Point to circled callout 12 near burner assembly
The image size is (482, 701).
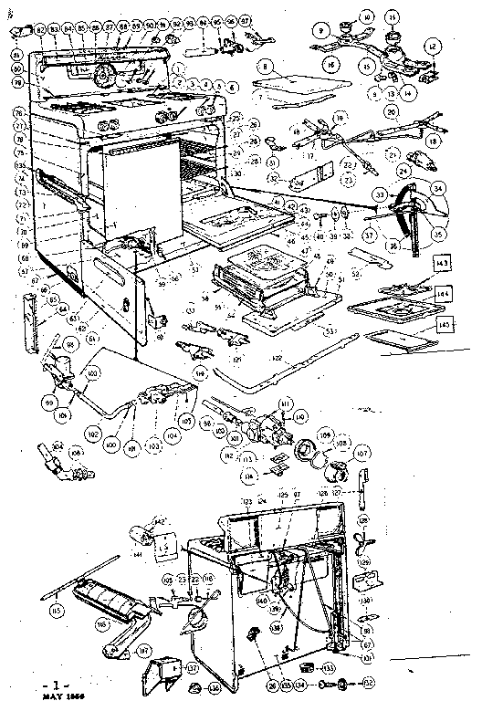tap(433, 47)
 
